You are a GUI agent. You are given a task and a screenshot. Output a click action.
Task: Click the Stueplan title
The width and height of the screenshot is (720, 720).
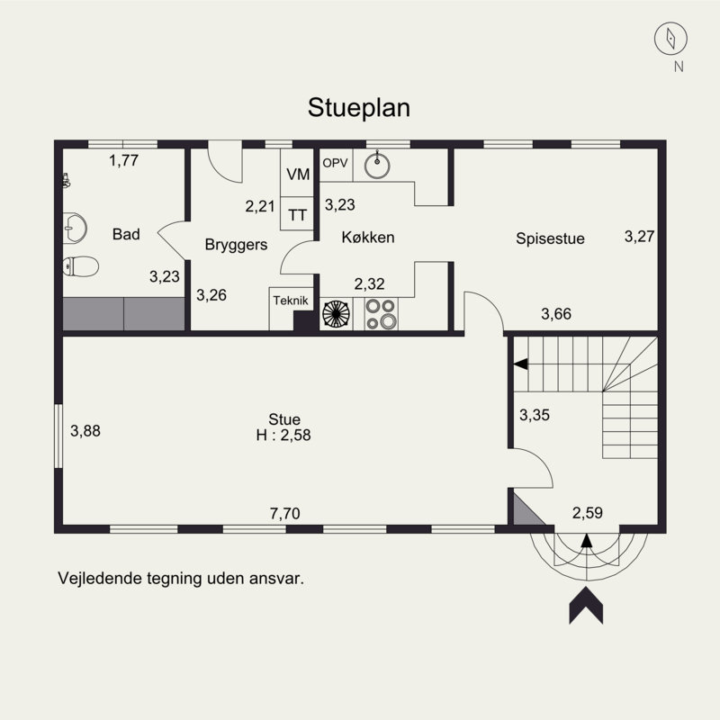[359, 108]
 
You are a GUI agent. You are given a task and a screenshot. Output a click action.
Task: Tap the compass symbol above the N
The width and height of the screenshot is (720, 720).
[670, 38]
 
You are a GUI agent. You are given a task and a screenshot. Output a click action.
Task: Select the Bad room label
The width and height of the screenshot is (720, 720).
[126, 235]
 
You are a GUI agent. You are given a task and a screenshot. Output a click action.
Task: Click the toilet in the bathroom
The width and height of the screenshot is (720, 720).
[80, 266]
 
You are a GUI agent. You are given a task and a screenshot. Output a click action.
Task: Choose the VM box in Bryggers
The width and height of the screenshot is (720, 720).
[297, 175]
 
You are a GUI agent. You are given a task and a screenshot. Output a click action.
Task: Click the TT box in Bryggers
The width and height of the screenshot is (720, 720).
[297, 214]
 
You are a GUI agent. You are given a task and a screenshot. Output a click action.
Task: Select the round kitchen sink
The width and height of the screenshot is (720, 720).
[378, 166]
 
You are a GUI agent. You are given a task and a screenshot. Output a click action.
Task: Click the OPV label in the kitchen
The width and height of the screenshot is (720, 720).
[335, 163]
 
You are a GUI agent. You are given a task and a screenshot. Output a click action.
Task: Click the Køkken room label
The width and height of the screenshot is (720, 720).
[368, 238]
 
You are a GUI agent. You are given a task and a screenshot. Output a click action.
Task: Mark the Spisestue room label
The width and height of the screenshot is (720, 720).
[550, 238]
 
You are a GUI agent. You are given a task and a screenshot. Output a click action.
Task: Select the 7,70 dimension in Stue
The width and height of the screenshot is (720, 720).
[284, 514]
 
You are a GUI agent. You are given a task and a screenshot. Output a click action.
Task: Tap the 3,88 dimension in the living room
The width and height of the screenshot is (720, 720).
[85, 431]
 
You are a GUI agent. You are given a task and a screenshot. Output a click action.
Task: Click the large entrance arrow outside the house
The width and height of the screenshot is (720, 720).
[586, 605]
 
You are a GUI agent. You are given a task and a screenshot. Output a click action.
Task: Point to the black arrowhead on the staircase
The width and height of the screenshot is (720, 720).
[520, 364]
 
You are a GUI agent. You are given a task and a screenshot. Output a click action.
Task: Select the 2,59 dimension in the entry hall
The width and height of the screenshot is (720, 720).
[587, 514]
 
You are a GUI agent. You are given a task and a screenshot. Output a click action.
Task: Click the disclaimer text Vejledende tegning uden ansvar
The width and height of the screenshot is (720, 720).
[181, 578]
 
